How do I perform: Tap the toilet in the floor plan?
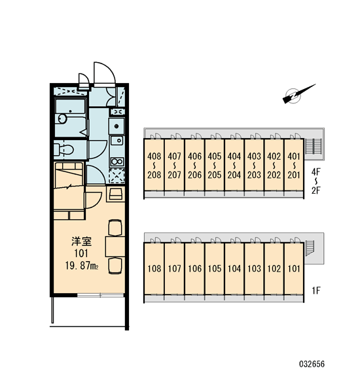[63, 149]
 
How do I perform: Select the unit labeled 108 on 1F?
[154, 269]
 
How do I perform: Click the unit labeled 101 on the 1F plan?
[294, 269]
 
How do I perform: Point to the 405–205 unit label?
[215, 166]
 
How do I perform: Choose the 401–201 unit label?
[294, 166]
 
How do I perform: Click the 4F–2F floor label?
[315, 181]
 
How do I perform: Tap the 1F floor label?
[316, 291]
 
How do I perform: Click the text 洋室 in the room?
[82, 241]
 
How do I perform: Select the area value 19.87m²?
[82, 266]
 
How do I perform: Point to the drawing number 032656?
[312, 364]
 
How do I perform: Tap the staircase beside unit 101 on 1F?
[310, 248]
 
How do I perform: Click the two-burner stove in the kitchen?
[117, 162]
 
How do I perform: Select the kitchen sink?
[117, 141]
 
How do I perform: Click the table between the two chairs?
[115, 247]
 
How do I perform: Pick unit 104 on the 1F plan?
[234, 269]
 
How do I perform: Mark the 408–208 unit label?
[154, 166]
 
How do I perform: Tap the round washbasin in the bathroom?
[62, 118]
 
